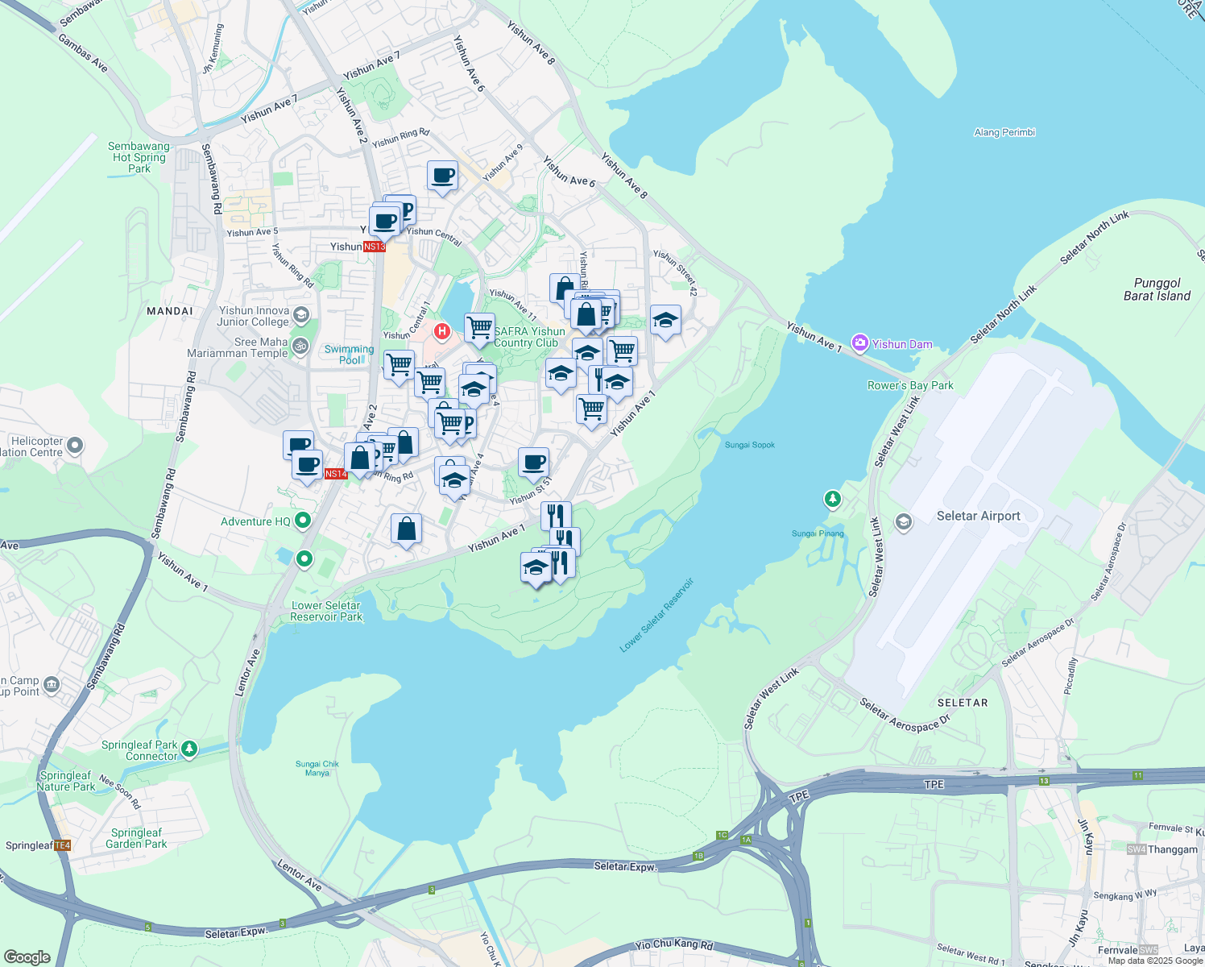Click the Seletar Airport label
(x=978, y=516)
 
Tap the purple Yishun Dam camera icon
(x=860, y=344)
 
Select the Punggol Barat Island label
(x=1157, y=289)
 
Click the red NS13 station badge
(x=374, y=247)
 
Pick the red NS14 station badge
(x=336, y=474)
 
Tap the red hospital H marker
(x=442, y=330)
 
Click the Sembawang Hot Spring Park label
(x=139, y=157)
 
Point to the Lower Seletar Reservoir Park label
(x=326, y=611)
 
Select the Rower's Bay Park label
(x=910, y=385)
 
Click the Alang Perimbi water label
(x=1004, y=132)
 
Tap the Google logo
(x=27, y=957)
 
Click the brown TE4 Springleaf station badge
(x=63, y=845)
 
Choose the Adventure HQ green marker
(x=303, y=521)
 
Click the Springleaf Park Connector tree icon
(x=189, y=749)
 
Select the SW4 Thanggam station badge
(x=1137, y=849)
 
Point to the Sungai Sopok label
(x=749, y=445)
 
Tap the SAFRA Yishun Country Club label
(x=529, y=337)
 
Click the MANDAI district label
(x=170, y=311)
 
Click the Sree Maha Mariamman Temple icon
(x=300, y=347)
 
